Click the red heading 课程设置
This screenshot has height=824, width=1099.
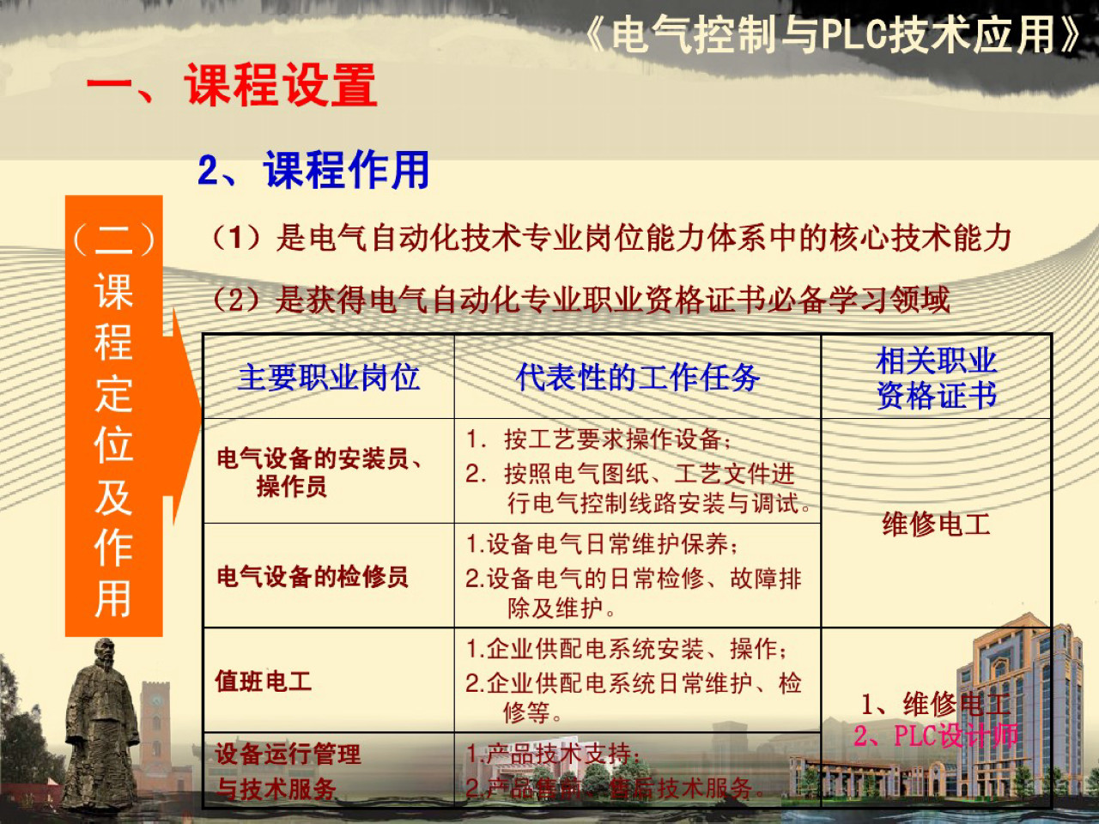(x=280, y=86)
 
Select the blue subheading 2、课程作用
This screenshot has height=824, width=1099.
(x=314, y=169)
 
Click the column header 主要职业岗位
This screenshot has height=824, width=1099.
(x=329, y=377)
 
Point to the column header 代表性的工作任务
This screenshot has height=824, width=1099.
(x=637, y=377)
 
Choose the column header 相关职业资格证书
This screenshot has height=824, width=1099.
(x=936, y=378)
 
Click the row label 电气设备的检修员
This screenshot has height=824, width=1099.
(x=312, y=576)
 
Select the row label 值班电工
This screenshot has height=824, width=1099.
(x=264, y=681)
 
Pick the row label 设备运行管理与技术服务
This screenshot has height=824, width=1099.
(x=288, y=771)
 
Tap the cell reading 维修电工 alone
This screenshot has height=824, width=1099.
(x=936, y=524)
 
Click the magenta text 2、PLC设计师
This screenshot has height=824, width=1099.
(x=935, y=736)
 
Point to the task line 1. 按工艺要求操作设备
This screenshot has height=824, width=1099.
(x=598, y=439)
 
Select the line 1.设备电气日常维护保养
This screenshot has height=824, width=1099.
(x=601, y=543)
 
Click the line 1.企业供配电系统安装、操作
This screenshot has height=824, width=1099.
(x=627, y=648)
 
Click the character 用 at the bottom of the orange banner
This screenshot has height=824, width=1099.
(x=113, y=598)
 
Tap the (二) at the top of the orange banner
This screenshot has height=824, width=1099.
(x=113, y=239)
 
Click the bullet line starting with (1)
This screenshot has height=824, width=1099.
(x=611, y=238)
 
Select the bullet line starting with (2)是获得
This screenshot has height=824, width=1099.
(x=581, y=300)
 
